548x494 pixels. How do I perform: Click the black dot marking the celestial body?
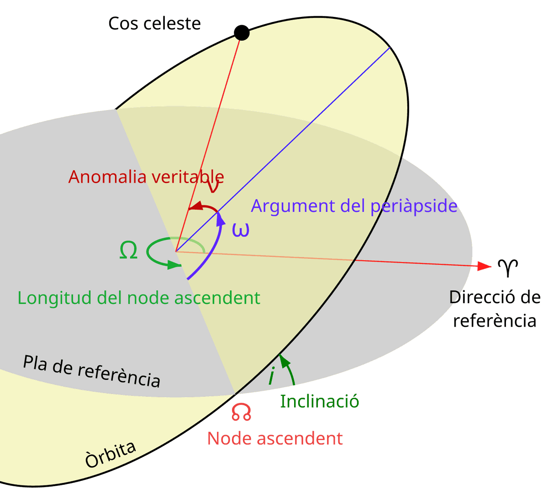coord(242,33)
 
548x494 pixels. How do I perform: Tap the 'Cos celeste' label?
coord(154,24)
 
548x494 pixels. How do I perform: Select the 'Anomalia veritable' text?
coord(146,177)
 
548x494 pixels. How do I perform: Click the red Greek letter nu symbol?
coord(213,188)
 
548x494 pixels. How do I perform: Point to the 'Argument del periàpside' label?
coord(354,206)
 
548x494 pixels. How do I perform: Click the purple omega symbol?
coord(241,230)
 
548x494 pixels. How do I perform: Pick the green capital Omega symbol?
coord(128,251)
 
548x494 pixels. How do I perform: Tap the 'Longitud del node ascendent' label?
coord(139,298)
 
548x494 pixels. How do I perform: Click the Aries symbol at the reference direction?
coord(508,268)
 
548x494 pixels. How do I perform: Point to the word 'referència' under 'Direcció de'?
coord(494,321)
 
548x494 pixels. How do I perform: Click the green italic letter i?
coord(272,376)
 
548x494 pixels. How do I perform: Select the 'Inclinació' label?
coord(319,401)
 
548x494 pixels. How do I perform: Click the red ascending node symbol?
coord(241,412)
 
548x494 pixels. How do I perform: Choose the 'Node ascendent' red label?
coord(275,438)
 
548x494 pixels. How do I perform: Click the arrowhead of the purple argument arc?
coord(221,218)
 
